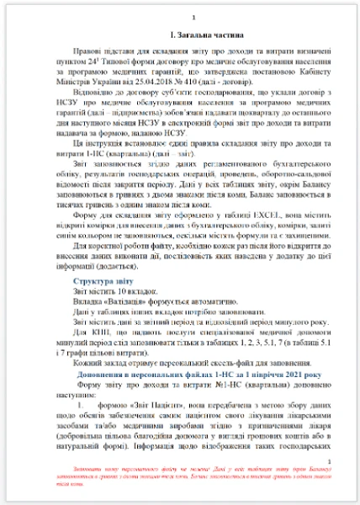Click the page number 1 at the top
tap(195, 18)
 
